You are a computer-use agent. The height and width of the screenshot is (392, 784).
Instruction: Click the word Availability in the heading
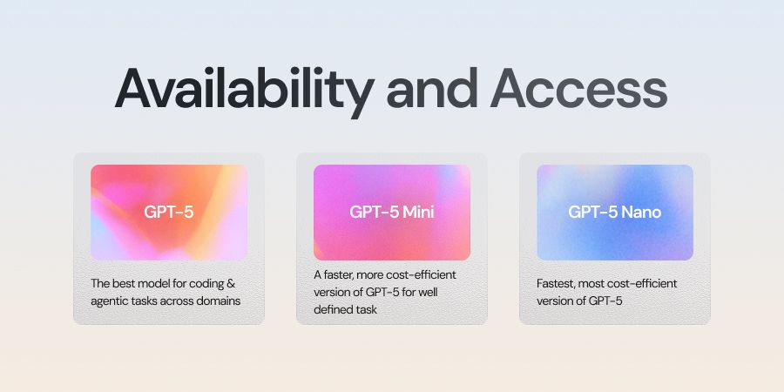click(x=245, y=89)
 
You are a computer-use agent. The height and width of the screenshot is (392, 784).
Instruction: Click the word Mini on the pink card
click(x=416, y=212)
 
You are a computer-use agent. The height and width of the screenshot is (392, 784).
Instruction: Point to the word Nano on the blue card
click(x=640, y=212)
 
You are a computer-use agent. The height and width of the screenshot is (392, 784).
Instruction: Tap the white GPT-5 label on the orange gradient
click(x=169, y=212)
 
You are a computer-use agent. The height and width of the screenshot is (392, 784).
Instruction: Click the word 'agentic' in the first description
click(x=111, y=301)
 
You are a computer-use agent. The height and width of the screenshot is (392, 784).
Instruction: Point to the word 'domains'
click(x=218, y=301)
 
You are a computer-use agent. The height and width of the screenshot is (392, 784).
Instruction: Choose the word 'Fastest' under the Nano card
click(x=556, y=284)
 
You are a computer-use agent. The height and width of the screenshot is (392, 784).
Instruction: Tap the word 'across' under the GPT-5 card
click(x=179, y=301)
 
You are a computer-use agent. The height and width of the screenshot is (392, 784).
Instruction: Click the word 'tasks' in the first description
click(x=145, y=301)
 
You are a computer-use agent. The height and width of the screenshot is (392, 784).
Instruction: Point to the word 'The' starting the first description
click(x=100, y=284)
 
